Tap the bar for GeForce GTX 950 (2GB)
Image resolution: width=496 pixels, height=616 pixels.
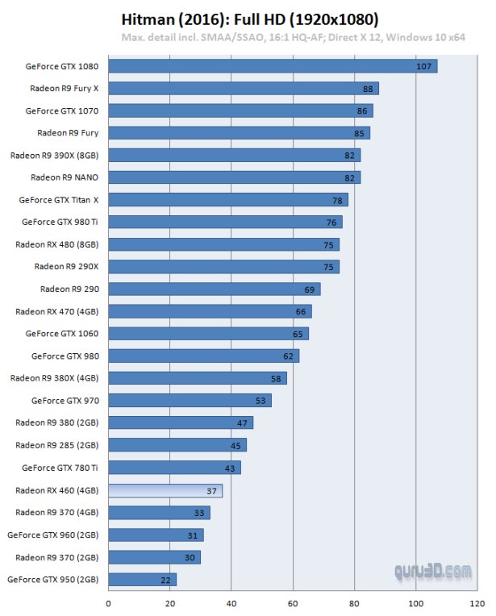click(x=142, y=579)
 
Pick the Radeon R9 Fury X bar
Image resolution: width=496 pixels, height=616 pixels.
click(x=243, y=89)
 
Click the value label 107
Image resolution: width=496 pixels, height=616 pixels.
click(x=423, y=66)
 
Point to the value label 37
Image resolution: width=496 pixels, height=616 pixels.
click(x=211, y=490)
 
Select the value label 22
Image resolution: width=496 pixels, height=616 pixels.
click(x=165, y=579)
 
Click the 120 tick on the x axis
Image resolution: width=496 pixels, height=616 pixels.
click(x=477, y=601)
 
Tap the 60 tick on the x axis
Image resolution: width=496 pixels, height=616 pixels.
click(x=293, y=601)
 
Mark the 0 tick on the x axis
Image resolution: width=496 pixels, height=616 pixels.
click(x=108, y=601)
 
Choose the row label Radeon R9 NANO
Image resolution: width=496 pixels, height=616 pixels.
click(x=65, y=177)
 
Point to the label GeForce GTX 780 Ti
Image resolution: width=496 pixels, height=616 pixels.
click(x=60, y=468)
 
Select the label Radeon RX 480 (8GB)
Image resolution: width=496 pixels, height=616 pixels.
click(x=57, y=243)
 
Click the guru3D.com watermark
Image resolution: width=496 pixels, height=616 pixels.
click(x=432, y=571)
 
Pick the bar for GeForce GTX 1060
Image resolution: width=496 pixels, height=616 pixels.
click(x=208, y=333)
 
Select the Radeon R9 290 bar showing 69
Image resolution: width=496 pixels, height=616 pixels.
click(x=214, y=289)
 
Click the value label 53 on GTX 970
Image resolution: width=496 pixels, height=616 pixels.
click(x=261, y=400)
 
